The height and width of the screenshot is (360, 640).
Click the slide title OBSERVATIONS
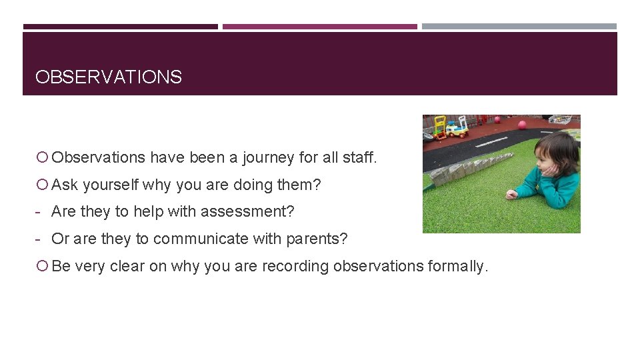click(x=108, y=77)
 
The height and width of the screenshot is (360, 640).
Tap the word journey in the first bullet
click(x=268, y=158)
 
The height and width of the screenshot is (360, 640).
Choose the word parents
click(x=322, y=239)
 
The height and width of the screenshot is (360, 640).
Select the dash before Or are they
click(x=41, y=239)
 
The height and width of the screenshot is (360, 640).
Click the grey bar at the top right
click(x=519, y=27)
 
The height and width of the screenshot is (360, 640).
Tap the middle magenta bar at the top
click(x=320, y=27)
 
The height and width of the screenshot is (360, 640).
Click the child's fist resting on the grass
click(x=511, y=195)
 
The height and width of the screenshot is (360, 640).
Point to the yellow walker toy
click(x=440, y=126)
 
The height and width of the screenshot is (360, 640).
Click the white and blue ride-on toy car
click(x=457, y=128)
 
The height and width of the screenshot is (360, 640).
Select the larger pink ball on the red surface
click(x=522, y=125)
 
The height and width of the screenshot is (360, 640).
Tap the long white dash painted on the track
click(x=491, y=141)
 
